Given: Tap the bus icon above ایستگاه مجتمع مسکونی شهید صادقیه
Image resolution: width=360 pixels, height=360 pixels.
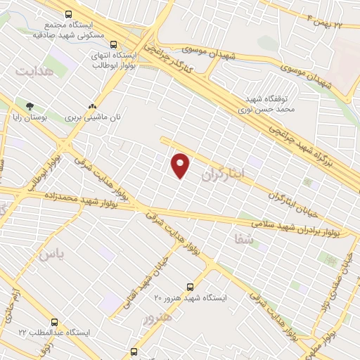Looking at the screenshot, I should click(68, 14).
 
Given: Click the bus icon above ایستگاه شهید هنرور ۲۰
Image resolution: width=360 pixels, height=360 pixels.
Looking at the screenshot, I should click(190, 287).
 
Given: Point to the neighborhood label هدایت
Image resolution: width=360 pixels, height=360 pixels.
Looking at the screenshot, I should click(35, 71).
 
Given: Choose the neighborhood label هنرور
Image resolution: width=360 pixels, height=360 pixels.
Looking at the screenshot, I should click(156, 318).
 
